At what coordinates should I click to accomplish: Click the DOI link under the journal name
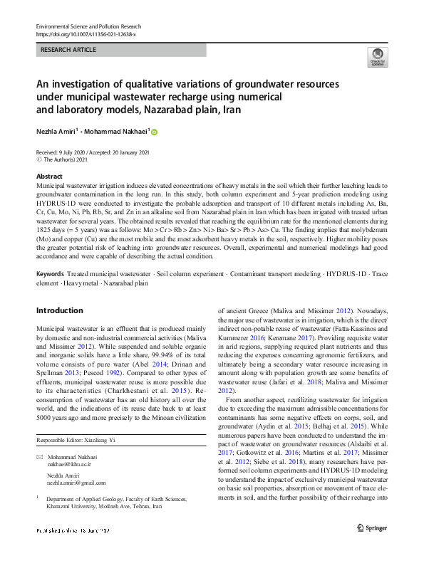click(85, 33)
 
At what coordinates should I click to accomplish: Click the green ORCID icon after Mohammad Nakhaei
click(153, 132)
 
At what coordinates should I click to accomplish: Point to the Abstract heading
click(49, 176)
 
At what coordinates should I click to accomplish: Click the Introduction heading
click(59, 310)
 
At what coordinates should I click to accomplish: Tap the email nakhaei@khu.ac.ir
click(68, 463)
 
